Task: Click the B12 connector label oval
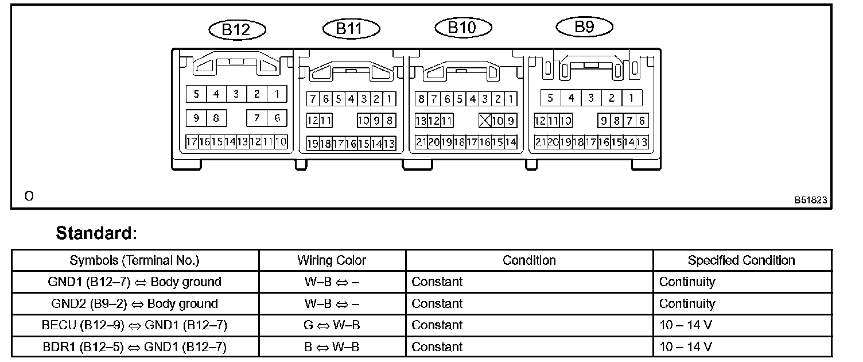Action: click(236, 30)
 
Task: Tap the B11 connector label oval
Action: click(351, 28)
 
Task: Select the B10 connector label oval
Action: click(462, 27)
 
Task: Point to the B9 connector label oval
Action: click(584, 26)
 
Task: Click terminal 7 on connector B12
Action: click(257, 118)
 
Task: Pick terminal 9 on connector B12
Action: click(196, 118)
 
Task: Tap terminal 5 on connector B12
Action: click(196, 94)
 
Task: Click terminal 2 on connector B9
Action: click(612, 98)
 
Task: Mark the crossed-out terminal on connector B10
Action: click(484, 121)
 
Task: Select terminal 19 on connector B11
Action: click(312, 144)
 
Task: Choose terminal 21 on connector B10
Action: click(421, 142)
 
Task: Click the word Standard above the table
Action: click(96, 233)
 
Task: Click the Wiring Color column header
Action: click(332, 260)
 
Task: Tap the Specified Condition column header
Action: click(741, 260)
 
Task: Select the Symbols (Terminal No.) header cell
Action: click(135, 260)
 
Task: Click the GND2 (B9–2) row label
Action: click(135, 304)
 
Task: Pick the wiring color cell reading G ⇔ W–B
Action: click(332, 325)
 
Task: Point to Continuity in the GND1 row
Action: click(687, 282)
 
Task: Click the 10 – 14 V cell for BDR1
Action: click(685, 347)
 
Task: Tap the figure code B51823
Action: click(811, 200)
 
